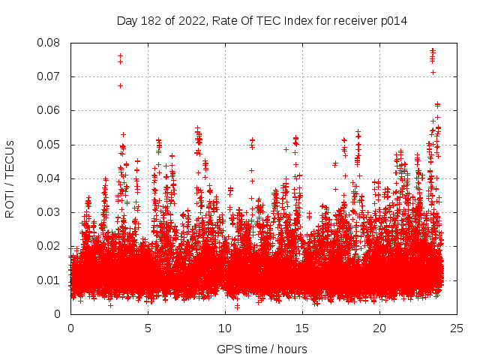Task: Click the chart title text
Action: pyautogui.click(x=262, y=20)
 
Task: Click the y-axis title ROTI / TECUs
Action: pyautogui.click(x=10, y=178)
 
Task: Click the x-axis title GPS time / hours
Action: pyautogui.click(x=262, y=349)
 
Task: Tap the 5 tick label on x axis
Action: pyautogui.click(x=148, y=328)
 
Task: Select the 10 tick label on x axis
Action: pyautogui.click(x=226, y=328)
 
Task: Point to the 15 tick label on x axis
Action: pyautogui.click(x=303, y=328)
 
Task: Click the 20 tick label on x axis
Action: pyautogui.click(x=380, y=328)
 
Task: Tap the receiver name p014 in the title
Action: pyautogui.click(x=392, y=20)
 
